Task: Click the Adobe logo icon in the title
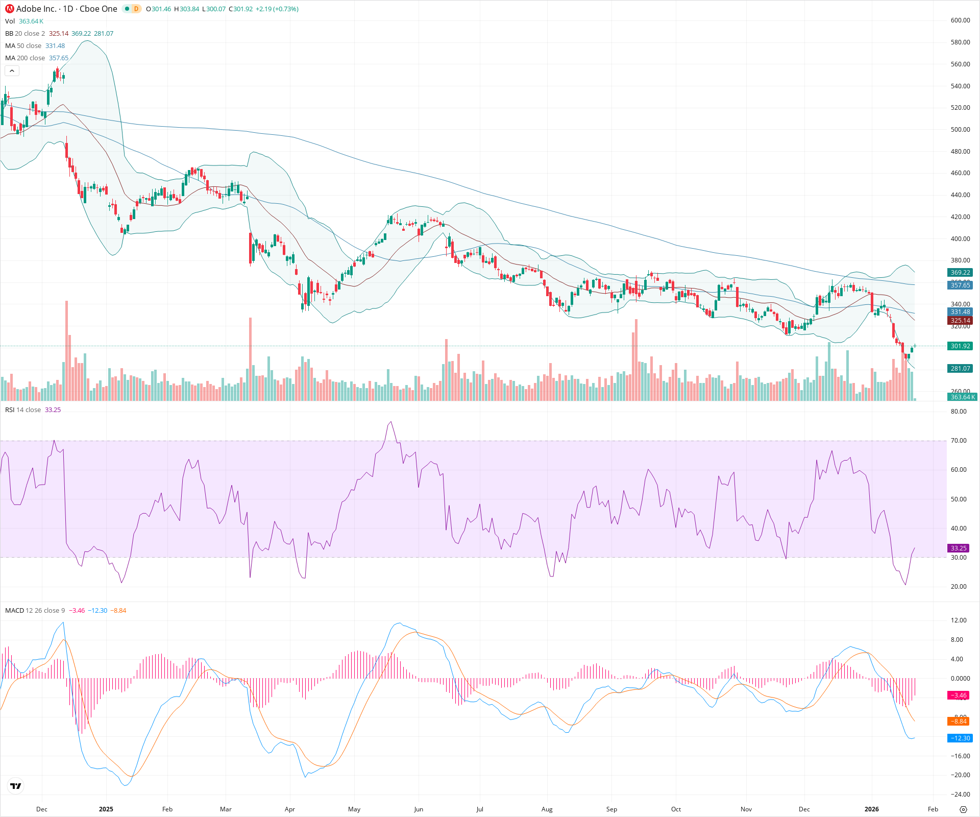tap(9, 9)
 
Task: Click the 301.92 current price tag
tap(960, 346)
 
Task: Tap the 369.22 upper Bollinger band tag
tap(960, 273)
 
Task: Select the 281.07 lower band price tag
tap(960, 369)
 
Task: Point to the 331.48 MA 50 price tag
tap(960, 312)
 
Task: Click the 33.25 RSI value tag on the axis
tap(958, 548)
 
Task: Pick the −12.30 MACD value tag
tap(960, 738)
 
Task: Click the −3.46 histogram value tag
tap(958, 695)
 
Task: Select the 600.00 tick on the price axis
tap(960, 20)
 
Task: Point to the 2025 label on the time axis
tap(106, 809)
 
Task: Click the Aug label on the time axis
tap(547, 809)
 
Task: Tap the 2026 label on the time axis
tap(871, 809)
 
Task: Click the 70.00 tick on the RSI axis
tap(959, 441)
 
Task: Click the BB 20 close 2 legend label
tap(25, 34)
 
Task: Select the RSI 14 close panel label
tap(23, 410)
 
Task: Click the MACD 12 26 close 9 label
tap(35, 611)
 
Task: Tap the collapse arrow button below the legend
tap(12, 71)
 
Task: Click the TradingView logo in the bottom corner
tap(16, 786)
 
